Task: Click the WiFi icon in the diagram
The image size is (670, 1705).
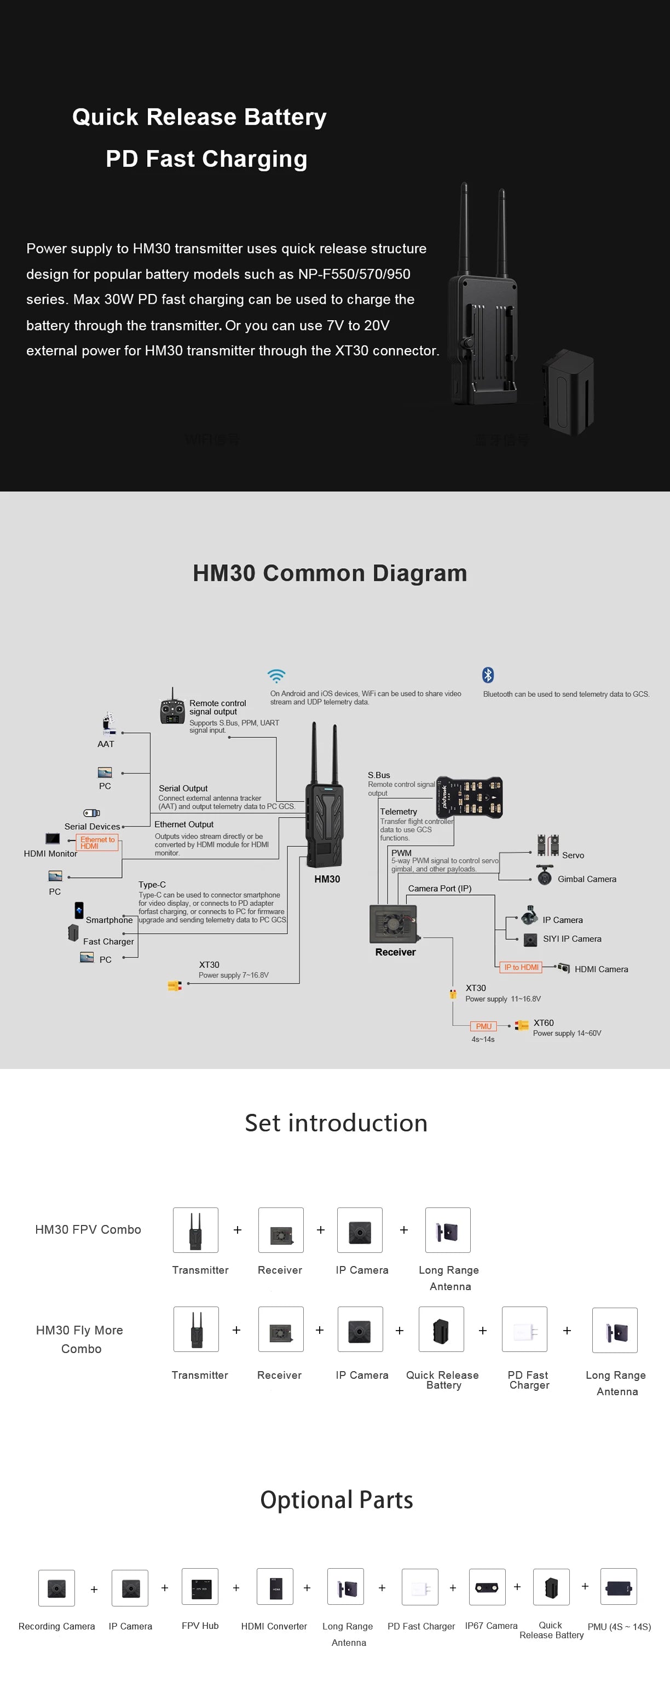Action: point(276,676)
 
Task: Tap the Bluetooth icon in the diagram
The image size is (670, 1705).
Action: point(488,674)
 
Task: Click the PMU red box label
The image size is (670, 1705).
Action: point(483,1026)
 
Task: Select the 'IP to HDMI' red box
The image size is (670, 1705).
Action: point(521,967)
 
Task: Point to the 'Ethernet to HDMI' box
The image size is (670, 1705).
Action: point(97,842)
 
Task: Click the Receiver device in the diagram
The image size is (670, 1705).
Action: point(394,924)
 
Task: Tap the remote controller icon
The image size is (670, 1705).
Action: point(172,709)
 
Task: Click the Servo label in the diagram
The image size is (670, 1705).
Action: point(573,855)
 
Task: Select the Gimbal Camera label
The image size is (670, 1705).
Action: point(587,879)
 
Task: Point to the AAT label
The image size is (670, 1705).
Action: point(106,744)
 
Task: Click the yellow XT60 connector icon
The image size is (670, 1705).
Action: point(522,1025)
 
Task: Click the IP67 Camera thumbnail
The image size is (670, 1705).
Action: point(487,1587)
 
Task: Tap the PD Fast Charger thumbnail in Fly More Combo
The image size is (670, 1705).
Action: point(524,1329)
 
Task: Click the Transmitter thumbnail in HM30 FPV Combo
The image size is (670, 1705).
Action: point(195,1230)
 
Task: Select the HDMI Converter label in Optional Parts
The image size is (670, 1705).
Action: point(274,1626)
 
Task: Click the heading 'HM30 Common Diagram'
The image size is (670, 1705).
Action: point(330,573)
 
